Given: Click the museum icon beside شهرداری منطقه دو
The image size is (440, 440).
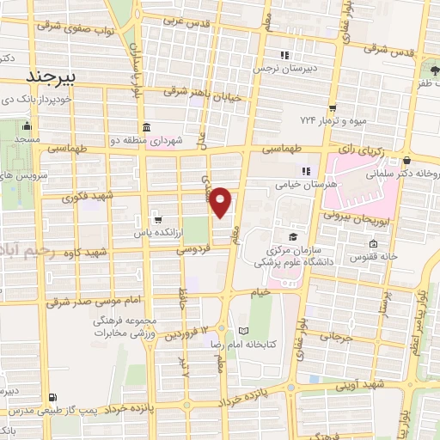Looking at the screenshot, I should (x=145, y=129).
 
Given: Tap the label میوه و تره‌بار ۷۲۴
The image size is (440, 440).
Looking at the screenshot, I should (x=333, y=121).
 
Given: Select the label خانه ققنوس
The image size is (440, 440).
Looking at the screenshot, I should (x=373, y=256).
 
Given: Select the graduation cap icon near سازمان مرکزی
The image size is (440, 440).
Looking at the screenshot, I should (x=292, y=235).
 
